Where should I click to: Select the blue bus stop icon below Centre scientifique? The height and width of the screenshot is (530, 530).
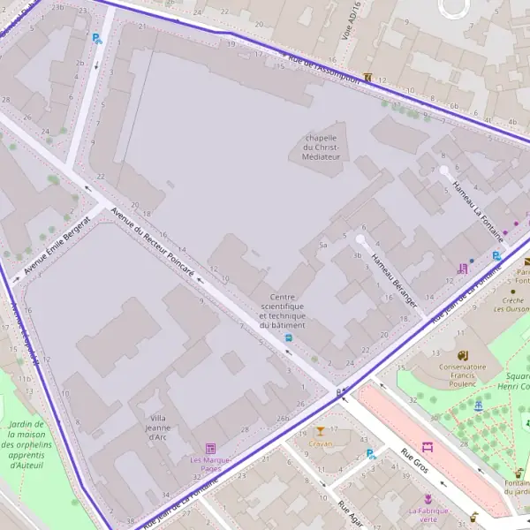[288, 338]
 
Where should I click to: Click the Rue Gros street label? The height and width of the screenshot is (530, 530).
[414, 460]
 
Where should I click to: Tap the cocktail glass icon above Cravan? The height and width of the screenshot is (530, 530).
[320, 431]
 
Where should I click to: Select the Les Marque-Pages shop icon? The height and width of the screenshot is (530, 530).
[210, 449]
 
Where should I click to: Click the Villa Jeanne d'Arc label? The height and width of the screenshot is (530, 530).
[158, 427]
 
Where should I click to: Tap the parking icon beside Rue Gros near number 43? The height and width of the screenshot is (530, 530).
[372, 455]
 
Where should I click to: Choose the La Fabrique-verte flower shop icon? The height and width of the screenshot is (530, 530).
[428, 499]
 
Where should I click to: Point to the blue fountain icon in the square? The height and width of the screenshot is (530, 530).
[479, 405]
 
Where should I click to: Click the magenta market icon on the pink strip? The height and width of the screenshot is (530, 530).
[428, 447]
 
